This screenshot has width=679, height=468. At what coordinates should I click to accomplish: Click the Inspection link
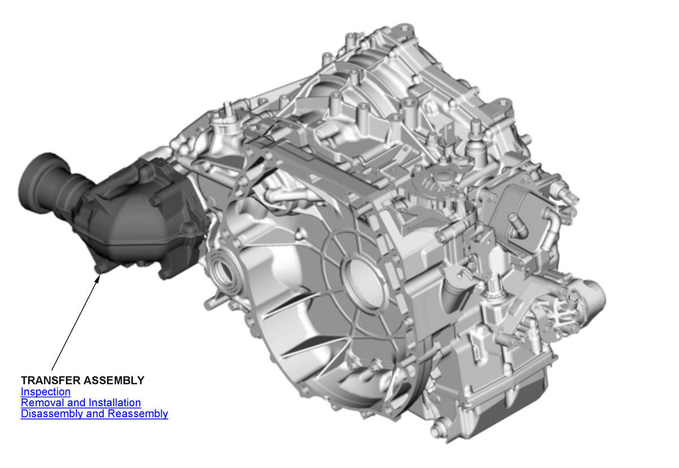click(45, 392)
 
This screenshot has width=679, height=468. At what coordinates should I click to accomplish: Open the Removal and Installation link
click(80, 402)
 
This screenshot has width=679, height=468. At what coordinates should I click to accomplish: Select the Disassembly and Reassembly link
click(94, 414)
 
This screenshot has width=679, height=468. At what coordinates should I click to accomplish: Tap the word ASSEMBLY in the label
click(114, 380)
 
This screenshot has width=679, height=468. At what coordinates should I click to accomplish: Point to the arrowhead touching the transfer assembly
click(97, 279)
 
